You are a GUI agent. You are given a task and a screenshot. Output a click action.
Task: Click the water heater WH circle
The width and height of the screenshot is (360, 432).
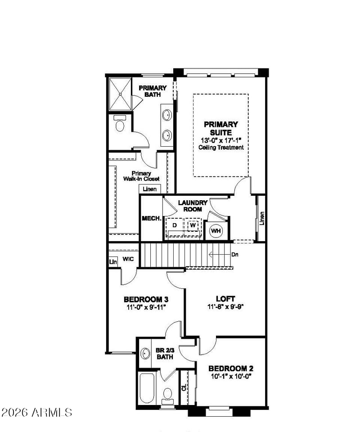[x=216, y=231]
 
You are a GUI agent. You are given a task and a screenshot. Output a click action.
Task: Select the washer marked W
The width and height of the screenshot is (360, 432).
[x=193, y=225]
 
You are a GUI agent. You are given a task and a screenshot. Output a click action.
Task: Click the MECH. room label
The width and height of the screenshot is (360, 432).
[x=152, y=219]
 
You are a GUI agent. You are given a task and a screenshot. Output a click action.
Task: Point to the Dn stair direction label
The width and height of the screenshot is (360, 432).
[x=234, y=255]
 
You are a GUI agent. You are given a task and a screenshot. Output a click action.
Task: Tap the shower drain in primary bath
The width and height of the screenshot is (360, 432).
[x=120, y=94]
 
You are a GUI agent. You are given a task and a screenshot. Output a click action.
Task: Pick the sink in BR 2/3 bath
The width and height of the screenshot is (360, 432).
[x=145, y=354]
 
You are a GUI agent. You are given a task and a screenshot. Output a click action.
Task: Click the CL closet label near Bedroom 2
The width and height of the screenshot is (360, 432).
[x=184, y=387]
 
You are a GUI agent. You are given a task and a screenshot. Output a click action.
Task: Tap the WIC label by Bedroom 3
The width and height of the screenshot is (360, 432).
[x=128, y=259]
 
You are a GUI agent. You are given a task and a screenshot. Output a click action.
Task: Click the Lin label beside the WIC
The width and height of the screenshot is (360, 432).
[x=113, y=262]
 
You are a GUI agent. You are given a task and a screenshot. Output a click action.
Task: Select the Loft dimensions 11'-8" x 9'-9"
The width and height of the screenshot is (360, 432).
[x=225, y=306]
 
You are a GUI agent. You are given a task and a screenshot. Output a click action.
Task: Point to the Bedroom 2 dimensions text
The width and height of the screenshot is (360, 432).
[x=231, y=376]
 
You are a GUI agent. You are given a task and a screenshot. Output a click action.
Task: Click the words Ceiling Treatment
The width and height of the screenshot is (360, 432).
[x=221, y=148]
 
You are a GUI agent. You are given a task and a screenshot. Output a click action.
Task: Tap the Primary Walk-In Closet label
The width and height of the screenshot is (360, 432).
[x=141, y=176]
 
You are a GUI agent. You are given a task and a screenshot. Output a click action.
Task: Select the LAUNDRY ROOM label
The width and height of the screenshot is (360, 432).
[x=193, y=206]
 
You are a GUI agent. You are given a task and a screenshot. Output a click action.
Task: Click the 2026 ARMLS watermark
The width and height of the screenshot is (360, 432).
[x=36, y=413]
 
